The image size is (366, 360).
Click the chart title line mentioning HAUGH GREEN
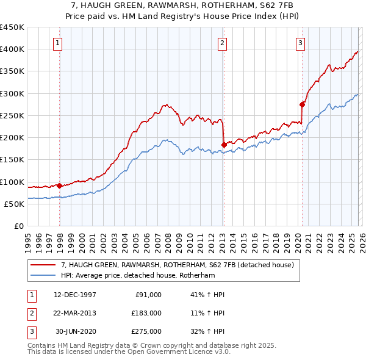pos(182,4)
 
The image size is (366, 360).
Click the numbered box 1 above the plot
pos(57,43)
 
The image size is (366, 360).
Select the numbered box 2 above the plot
pos(222,43)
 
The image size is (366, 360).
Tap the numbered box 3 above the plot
pos(301,43)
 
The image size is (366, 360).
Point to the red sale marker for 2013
pos(224,145)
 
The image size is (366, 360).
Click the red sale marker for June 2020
pos(302,104)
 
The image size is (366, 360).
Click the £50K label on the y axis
pos(15,204)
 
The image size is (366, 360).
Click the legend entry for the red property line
pos(178,265)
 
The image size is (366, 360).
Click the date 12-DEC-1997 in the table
pos(75,294)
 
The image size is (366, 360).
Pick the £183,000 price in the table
pos(146,312)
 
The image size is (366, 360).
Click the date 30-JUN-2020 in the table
pos(76,331)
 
